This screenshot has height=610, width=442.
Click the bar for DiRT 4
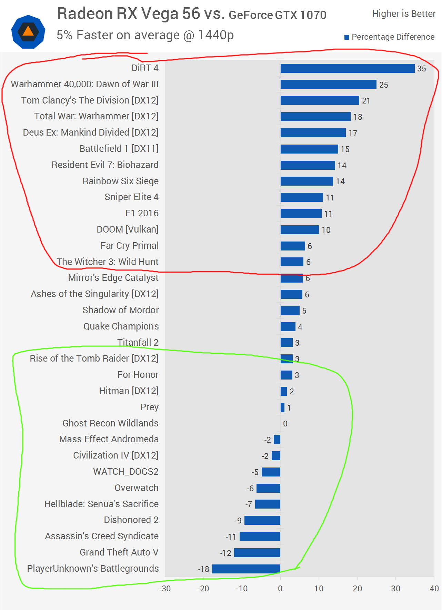(x=347, y=68)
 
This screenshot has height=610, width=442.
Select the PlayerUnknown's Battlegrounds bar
(x=246, y=569)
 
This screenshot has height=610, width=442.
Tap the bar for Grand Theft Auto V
(x=257, y=553)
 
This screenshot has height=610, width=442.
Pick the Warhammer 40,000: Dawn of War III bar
(x=328, y=84)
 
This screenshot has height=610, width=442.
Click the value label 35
(x=421, y=69)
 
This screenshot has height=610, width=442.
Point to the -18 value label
(x=204, y=569)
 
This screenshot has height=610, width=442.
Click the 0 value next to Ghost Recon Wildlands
(x=285, y=424)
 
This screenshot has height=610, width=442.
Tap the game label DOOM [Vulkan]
(x=128, y=229)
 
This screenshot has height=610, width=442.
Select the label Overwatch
(x=137, y=488)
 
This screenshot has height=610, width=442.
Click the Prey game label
(x=150, y=407)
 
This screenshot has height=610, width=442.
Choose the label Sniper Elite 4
(x=131, y=197)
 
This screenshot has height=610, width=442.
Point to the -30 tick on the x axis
(x=165, y=589)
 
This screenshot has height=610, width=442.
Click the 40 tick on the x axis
(x=434, y=589)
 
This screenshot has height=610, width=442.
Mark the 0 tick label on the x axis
(x=280, y=589)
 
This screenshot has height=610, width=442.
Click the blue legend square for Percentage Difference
(x=347, y=37)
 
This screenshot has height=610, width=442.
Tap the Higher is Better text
(x=404, y=14)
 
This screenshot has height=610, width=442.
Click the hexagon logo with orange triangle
(x=28, y=32)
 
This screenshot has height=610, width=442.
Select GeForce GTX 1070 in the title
(x=278, y=15)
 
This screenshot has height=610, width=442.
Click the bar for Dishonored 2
(x=262, y=520)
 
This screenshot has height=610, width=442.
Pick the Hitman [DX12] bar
(x=284, y=391)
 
